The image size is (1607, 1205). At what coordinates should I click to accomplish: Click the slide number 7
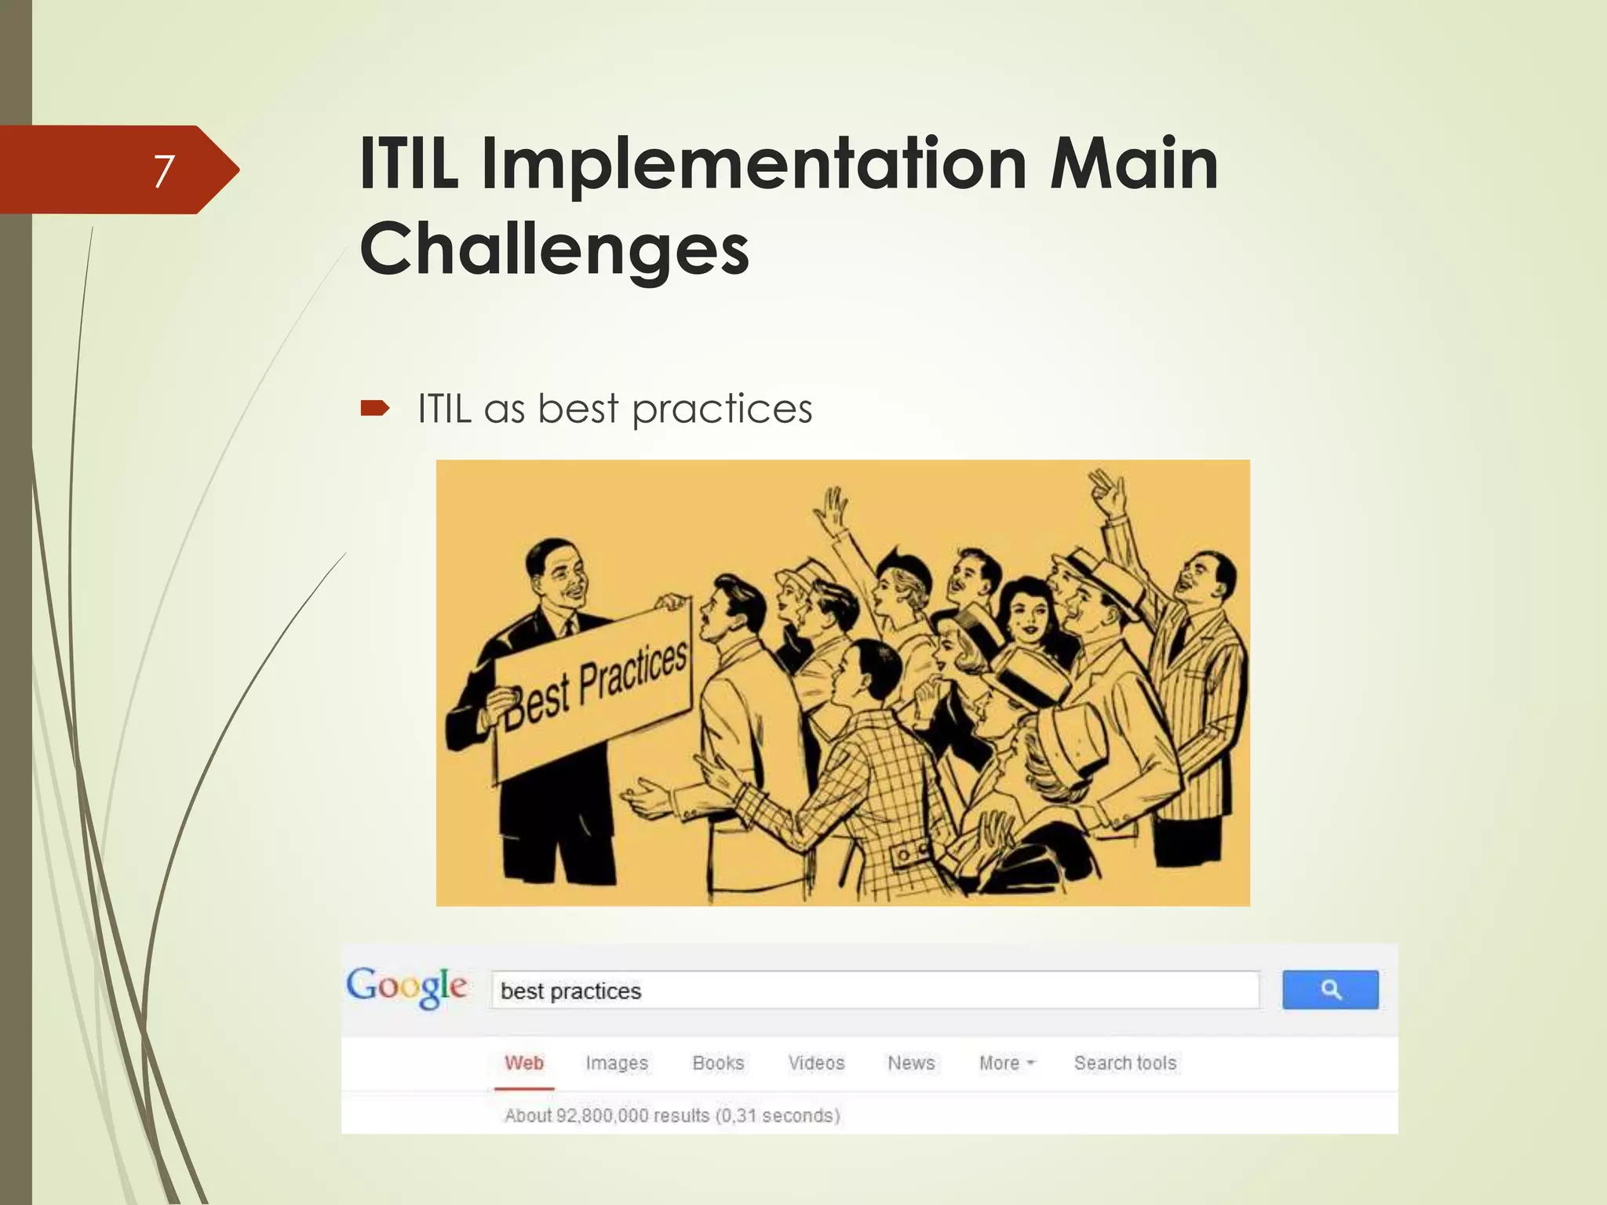coord(163,170)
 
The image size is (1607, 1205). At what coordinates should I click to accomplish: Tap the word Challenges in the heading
coord(554,249)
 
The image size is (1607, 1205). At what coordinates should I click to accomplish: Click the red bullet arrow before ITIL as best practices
coord(374,408)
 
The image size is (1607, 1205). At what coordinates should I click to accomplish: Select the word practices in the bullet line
coord(722,410)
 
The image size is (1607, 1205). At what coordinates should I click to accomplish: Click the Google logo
coord(407,987)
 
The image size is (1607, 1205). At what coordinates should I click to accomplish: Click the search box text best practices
coord(571,991)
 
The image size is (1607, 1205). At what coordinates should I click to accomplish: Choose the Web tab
coord(524,1063)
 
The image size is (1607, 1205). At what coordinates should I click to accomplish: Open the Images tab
coord(617,1063)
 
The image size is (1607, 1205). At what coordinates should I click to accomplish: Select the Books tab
coord(718,1063)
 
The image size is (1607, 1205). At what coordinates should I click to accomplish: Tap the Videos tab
coord(816,1063)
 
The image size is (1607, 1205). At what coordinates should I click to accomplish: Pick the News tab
coord(911,1063)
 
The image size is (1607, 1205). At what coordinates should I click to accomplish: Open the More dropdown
coord(1007,1063)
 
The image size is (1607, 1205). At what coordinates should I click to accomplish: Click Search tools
coord(1125,1063)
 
